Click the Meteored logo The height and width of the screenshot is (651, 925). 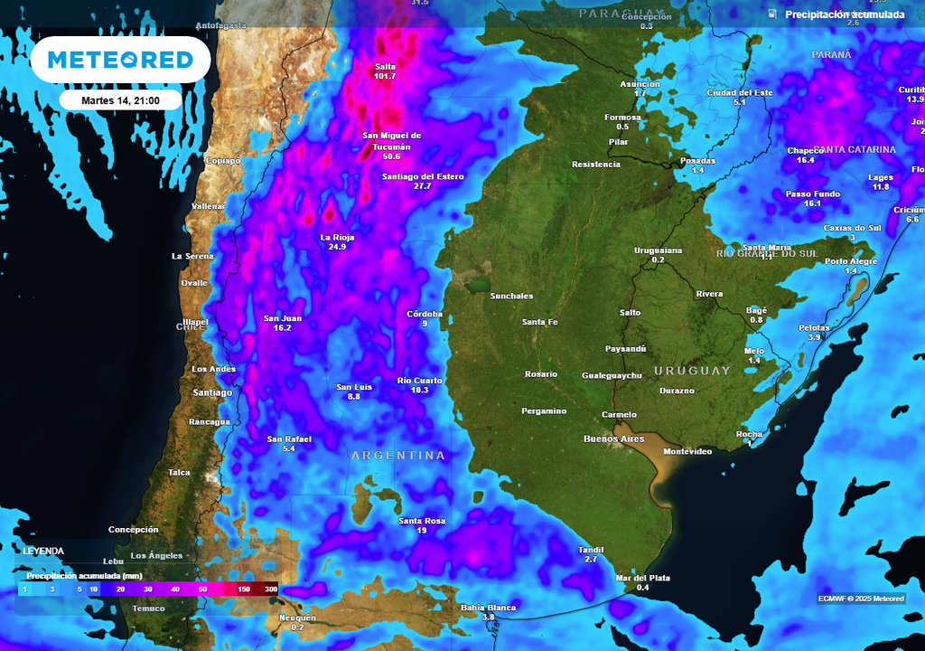(x=120, y=60)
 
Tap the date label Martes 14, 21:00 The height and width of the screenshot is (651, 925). (x=120, y=99)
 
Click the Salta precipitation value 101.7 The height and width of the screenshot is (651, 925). (x=385, y=76)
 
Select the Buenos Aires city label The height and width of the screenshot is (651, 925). (x=614, y=439)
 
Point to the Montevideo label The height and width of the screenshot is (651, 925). (x=687, y=451)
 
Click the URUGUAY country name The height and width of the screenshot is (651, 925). (x=692, y=371)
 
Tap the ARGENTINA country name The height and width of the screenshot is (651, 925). (x=398, y=456)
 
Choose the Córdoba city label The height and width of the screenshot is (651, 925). (x=425, y=314)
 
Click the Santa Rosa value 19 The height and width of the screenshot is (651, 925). (x=422, y=531)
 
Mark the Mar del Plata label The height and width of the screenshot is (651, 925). (x=642, y=578)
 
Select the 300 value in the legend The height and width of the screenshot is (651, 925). (x=270, y=590)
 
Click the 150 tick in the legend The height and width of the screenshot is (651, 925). (x=245, y=590)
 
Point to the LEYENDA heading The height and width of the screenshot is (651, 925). (x=43, y=551)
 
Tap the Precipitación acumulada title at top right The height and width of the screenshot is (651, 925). (x=845, y=14)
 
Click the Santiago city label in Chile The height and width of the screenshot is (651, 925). (x=212, y=392)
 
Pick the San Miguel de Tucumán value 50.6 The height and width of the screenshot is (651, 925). (x=391, y=156)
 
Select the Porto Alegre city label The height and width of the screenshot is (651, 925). (x=851, y=261)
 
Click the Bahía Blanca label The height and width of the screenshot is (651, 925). (x=488, y=608)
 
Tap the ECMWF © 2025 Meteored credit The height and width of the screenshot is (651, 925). (x=860, y=599)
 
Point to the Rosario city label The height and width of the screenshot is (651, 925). (x=541, y=374)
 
